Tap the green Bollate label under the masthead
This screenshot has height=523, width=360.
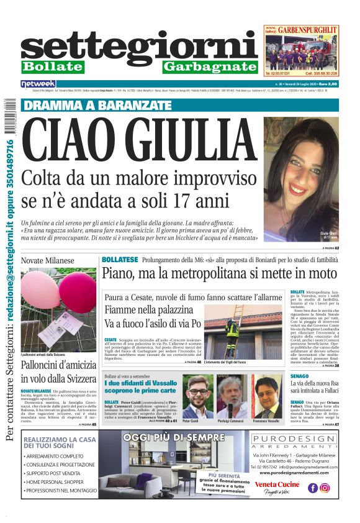[x=52, y=66]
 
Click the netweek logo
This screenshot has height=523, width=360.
[x=38, y=83]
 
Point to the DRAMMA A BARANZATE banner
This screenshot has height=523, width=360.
[x=98, y=105]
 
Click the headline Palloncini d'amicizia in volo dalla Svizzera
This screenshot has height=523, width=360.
[x=58, y=371]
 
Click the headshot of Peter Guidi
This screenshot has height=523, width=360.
[x=197, y=396]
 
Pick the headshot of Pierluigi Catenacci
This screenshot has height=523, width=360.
[x=232, y=396]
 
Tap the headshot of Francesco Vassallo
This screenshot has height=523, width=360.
[x=268, y=396]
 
